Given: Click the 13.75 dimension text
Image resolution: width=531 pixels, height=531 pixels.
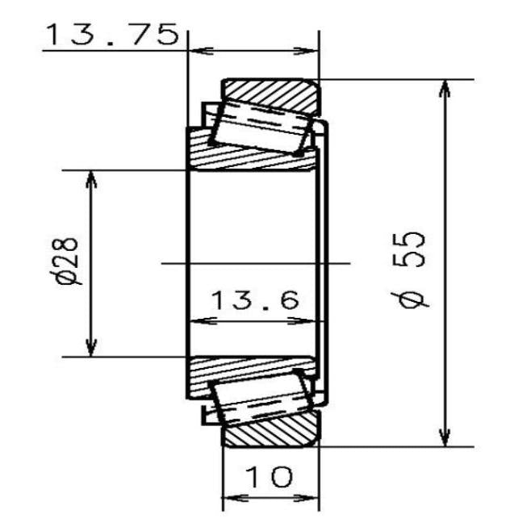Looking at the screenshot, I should pyautogui.click(x=111, y=35).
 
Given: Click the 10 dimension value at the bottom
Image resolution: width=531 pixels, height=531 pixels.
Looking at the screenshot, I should pyautogui.click(x=270, y=478).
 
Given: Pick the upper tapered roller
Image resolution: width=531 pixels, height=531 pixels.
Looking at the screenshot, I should pyautogui.click(x=261, y=128).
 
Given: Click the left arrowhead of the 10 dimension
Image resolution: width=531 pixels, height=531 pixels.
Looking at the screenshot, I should pyautogui.click(x=231, y=497).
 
